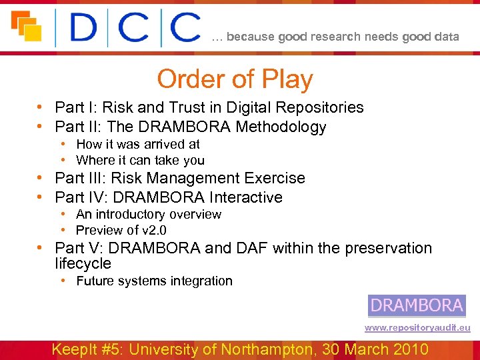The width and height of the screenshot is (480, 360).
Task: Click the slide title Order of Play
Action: [x=235, y=79]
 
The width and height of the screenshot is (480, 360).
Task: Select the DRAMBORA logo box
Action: [x=417, y=305]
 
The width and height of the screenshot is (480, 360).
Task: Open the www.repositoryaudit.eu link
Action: [x=417, y=328]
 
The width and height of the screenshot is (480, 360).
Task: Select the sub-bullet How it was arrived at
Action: [x=138, y=144]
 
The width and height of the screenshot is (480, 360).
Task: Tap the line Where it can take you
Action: [x=140, y=160]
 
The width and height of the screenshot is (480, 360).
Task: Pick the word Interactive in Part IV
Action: [x=245, y=197]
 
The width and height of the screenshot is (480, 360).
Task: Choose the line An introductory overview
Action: [x=149, y=214]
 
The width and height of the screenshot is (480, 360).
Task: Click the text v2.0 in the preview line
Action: [x=153, y=230]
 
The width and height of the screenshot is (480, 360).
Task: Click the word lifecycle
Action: [x=83, y=263]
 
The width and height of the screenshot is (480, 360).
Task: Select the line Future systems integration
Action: [x=154, y=281]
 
